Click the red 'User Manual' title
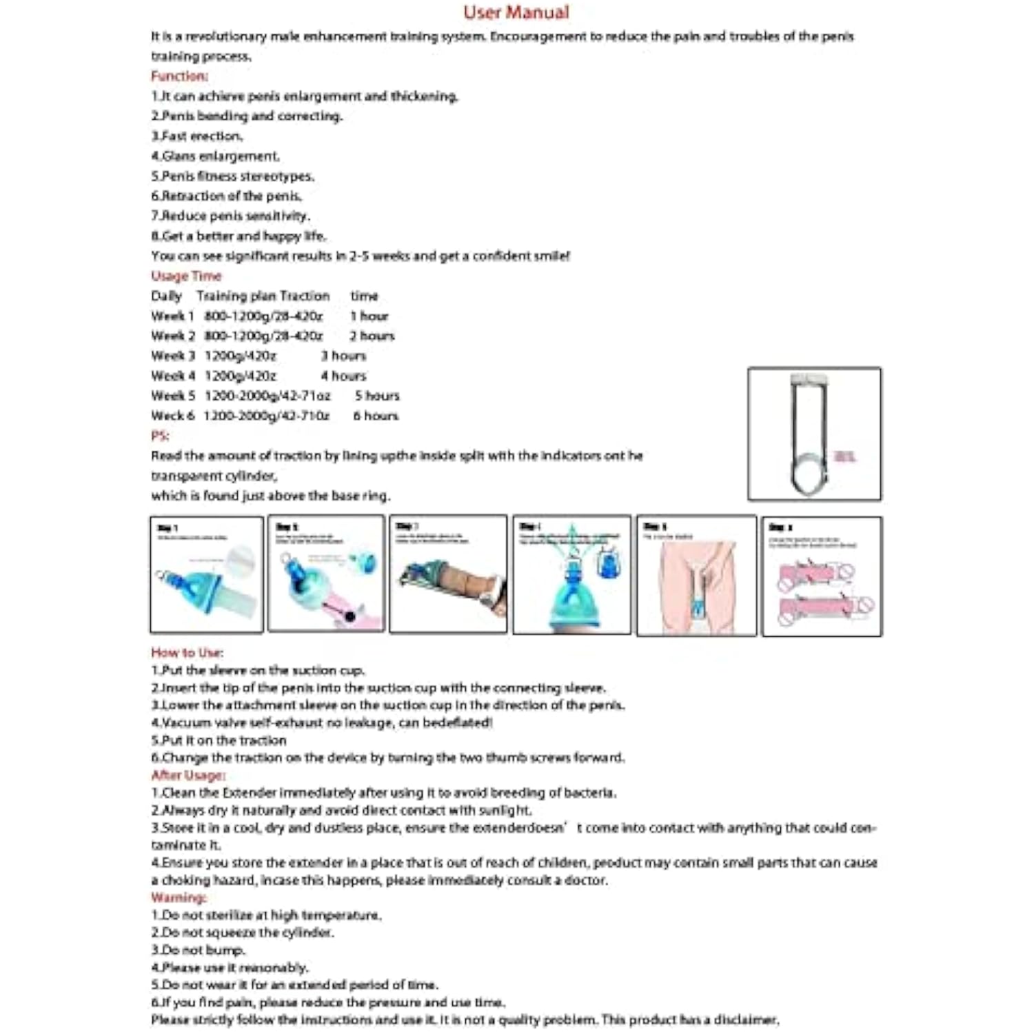[x=516, y=12]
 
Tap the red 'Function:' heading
[x=179, y=76]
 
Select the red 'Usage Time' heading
[x=186, y=276]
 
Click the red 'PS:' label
[x=160, y=436]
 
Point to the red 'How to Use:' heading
[x=187, y=652]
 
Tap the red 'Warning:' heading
[x=179, y=898]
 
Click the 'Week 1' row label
[x=172, y=316]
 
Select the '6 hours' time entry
[x=376, y=416]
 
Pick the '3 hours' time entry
[x=343, y=356]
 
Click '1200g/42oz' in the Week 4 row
[x=240, y=376]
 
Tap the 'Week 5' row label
[x=173, y=396]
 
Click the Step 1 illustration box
[x=207, y=574]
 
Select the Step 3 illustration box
[x=448, y=574]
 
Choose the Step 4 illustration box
[x=571, y=574]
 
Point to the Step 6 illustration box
[x=822, y=576]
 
